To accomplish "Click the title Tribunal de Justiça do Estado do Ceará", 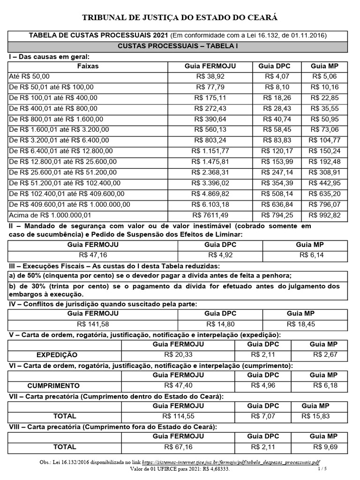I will [x=180, y=18].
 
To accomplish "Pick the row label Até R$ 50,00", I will [x=29, y=76].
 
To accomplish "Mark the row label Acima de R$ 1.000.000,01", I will [x=50, y=216].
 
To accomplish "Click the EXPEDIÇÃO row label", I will [x=57, y=355].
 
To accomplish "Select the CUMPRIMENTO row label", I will [x=53, y=386].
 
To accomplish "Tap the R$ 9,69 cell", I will [x=326, y=447].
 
